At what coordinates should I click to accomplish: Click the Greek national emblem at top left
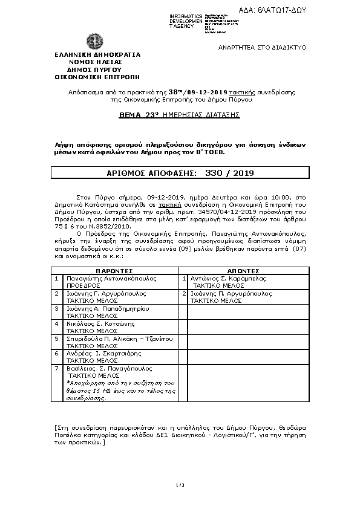point(94,42)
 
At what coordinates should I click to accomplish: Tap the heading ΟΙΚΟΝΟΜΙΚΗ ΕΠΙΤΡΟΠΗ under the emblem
point(97,77)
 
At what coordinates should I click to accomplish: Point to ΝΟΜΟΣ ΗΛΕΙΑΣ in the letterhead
point(96,62)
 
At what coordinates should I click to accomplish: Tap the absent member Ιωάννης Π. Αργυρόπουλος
point(231,293)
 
